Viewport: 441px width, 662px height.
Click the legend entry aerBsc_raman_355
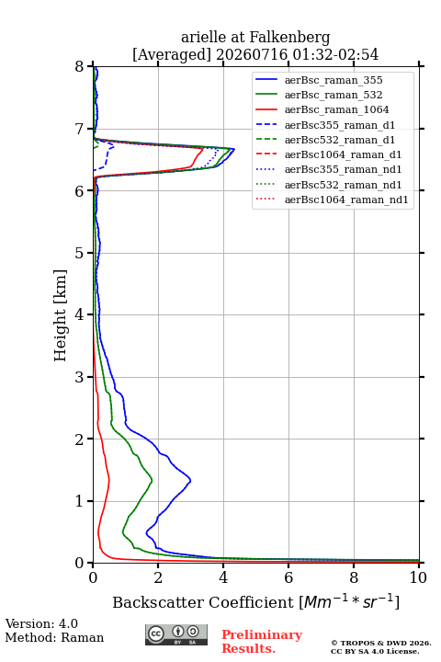click(319, 80)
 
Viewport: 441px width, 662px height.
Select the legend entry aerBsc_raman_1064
click(322, 109)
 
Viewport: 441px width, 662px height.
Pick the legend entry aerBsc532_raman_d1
click(325, 140)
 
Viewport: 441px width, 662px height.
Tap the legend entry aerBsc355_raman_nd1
click(328, 169)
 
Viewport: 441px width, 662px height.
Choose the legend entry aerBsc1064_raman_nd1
click(332, 200)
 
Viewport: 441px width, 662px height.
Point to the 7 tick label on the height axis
click(80, 129)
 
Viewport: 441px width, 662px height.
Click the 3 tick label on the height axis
click(80, 377)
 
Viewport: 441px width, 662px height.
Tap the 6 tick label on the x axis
click(288, 577)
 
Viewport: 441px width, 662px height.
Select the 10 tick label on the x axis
click(418, 577)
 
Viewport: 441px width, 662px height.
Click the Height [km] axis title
click(61, 315)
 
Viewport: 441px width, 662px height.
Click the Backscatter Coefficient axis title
click(255, 601)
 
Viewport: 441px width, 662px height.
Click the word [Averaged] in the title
click(172, 55)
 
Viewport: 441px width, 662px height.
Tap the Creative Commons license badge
click(176, 635)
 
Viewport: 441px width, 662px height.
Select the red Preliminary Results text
click(262, 642)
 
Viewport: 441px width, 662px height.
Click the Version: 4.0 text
click(41, 624)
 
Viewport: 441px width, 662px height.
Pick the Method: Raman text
click(54, 637)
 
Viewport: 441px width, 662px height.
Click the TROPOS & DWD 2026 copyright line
click(381, 643)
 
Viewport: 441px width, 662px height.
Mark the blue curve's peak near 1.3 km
click(190, 480)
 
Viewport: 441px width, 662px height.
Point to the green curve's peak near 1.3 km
click(152, 481)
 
